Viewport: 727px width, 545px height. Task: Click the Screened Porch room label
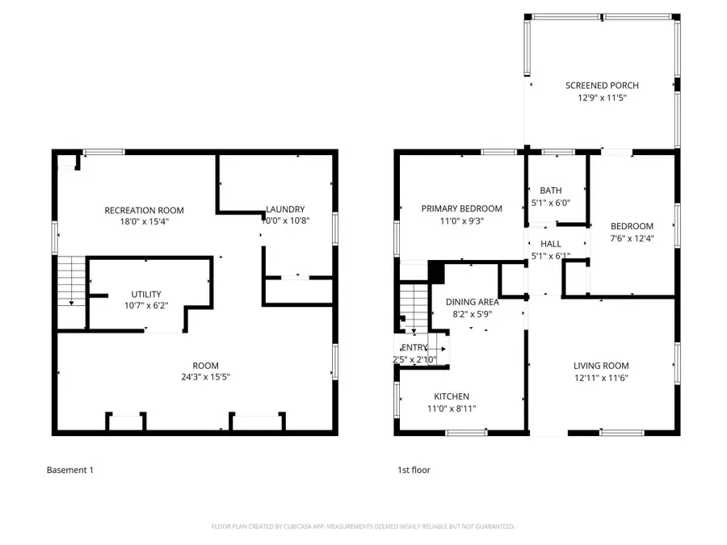pyautogui.click(x=602, y=86)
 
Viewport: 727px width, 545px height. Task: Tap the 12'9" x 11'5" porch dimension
pyautogui.click(x=602, y=98)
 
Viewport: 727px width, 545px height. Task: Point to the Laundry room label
pyautogui.click(x=285, y=210)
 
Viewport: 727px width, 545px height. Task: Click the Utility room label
pyautogui.click(x=146, y=294)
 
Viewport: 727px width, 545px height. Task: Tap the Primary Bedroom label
pyautogui.click(x=461, y=208)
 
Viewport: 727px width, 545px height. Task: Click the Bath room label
pyautogui.click(x=551, y=191)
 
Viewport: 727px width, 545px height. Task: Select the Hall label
pyautogui.click(x=550, y=244)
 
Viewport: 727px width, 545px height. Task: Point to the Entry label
pyautogui.click(x=405, y=348)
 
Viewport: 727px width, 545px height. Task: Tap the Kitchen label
pyautogui.click(x=451, y=396)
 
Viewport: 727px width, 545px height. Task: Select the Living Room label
pyautogui.click(x=601, y=366)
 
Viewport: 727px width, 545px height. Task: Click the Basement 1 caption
pyautogui.click(x=69, y=470)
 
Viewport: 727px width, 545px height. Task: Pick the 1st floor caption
pyautogui.click(x=414, y=470)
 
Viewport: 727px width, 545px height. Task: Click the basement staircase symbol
pyautogui.click(x=72, y=279)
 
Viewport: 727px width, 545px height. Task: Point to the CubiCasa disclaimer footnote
pyautogui.click(x=363, y=526)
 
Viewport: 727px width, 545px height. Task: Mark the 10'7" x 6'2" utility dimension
pyautogui.click(x=146, y=305)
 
